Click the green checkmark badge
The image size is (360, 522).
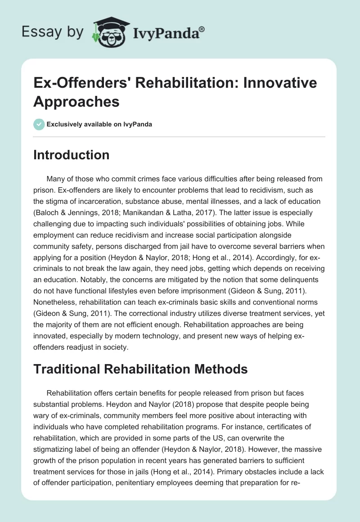[39, 124]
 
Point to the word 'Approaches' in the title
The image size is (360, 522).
[76, 102]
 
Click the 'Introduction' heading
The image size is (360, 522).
[72, 155]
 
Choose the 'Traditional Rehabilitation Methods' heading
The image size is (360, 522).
[140, 369]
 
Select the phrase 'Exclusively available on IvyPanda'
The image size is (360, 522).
[99, 124]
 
